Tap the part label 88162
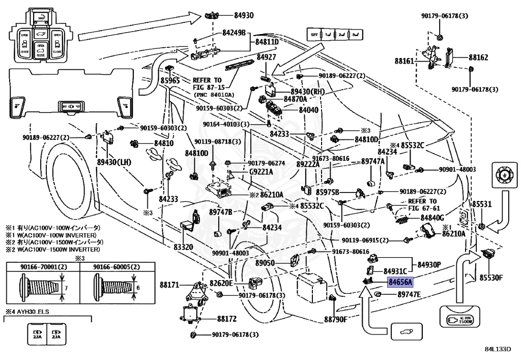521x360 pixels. pyautogui.click(x=478, y=58)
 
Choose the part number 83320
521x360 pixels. pyautogui.click(x=183, y=247)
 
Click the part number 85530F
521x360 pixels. pyautogui.click(x=490, y=278)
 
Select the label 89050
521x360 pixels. pyautogui.click(x=265, y=263)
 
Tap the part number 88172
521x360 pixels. pyautogui.click(x=227, y=319)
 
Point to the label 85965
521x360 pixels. pyautogui.click(x=170, y=80)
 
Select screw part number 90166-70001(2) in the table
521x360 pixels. pyautogui.click(x=42, y=267)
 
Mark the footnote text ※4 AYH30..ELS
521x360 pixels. pyautogui.click(x=28, y=312)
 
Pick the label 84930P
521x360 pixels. pyautogui.click(x=429, y=265)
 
